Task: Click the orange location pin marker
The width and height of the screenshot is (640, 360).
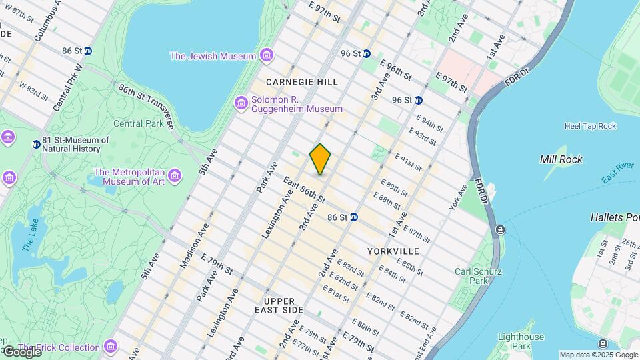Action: [x=320, y=159]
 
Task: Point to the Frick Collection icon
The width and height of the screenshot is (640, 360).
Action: [x=110, y=347]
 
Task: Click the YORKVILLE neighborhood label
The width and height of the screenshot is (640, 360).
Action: [x=393, y=251]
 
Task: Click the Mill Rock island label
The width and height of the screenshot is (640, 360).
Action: [x=561, y=159]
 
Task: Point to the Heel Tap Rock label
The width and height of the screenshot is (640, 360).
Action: [x=590, y=126]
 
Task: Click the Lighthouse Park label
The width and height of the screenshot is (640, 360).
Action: [x=521, y=341]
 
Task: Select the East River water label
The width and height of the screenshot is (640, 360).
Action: [x=617, y=172]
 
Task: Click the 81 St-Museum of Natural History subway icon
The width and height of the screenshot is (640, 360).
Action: [x=36, y=144]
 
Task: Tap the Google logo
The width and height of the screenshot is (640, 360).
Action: [x=21, y=351]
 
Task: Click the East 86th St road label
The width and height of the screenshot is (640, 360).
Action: [x=304, y=191]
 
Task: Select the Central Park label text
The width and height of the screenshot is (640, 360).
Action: [x=137, y=123]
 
